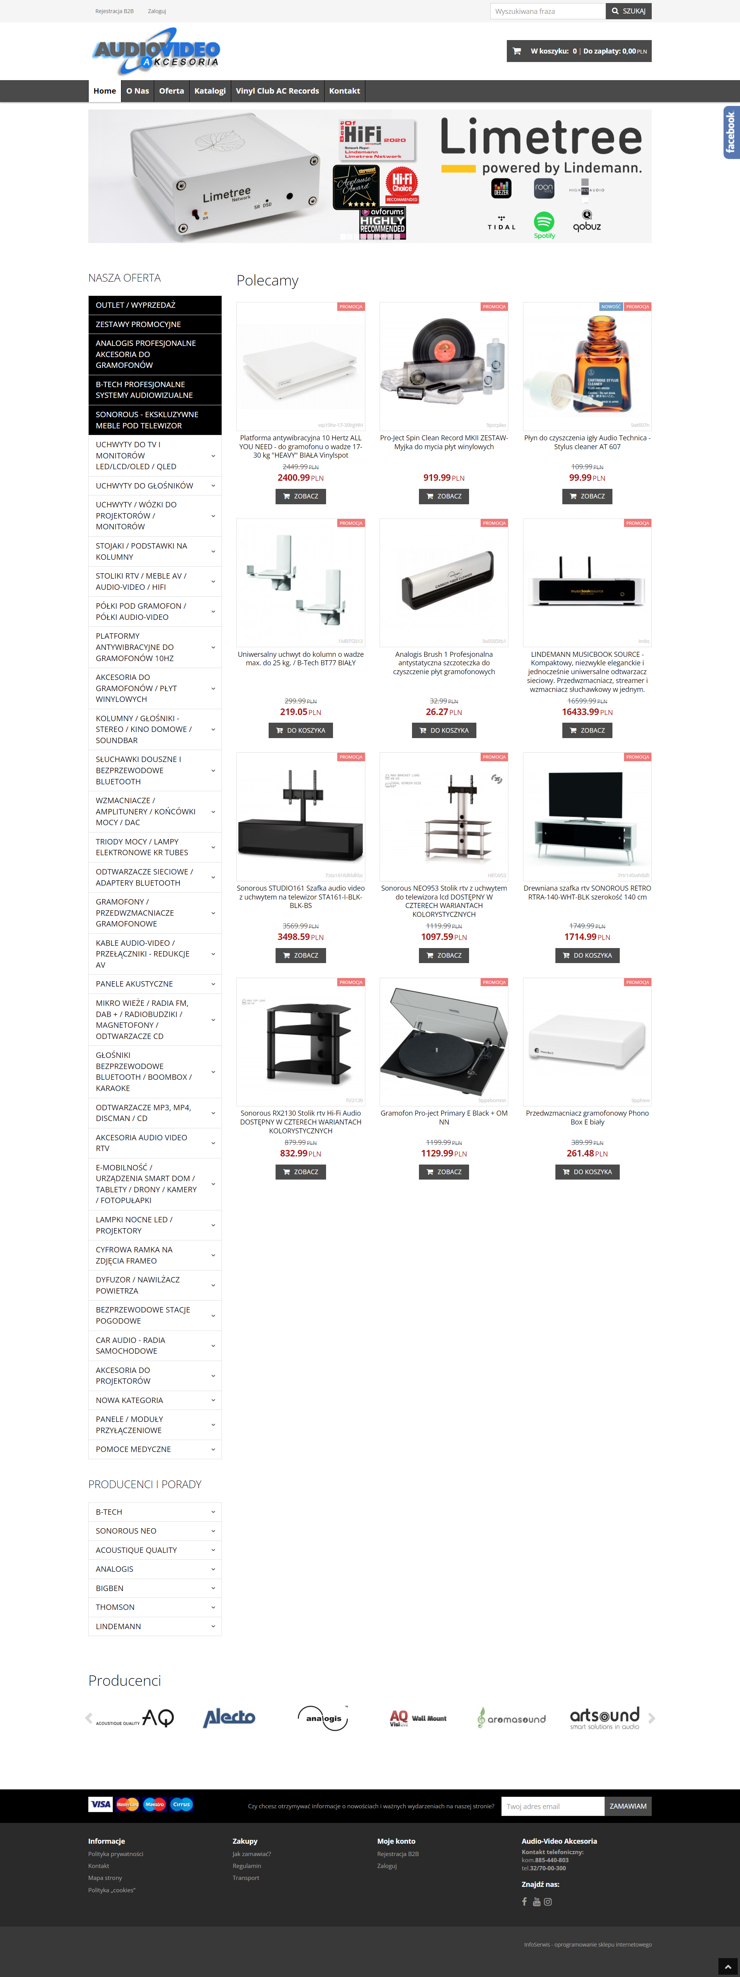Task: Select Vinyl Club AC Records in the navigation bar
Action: pos(277,91)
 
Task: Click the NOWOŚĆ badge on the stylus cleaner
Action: pos(611,306)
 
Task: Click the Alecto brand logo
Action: pos(229,1718)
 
